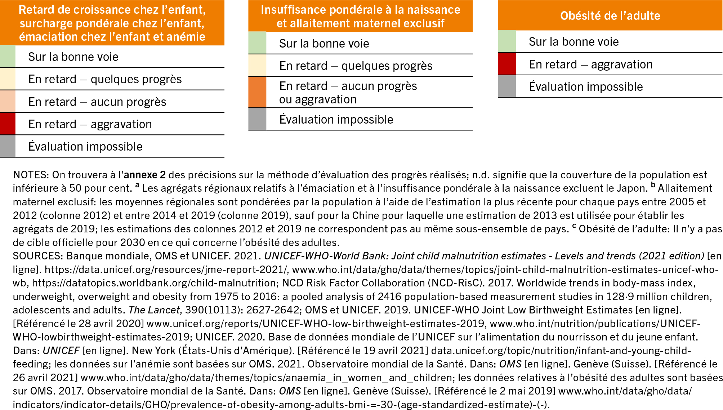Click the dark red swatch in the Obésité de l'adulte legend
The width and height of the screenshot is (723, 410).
(507, 64)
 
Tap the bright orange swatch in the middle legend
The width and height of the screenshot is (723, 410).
(257, 92)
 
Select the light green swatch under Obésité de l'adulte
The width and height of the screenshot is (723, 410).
(507, 41)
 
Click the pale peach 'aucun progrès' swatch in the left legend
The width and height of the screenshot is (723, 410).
(8, 102)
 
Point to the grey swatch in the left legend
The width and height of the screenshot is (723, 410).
(8, 146)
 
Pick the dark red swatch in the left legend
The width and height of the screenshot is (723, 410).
(8, 124)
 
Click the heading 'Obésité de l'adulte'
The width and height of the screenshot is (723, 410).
(610, 16)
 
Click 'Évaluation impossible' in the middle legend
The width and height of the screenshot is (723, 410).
(336, 120)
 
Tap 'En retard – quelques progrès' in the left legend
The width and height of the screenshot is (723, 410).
(105, 79)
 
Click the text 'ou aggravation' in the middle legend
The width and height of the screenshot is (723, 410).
(318, 99)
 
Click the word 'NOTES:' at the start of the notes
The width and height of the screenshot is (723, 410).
(31, 175)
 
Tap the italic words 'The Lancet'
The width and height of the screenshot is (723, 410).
(154, 310)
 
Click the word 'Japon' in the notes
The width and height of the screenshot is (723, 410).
(633, 188)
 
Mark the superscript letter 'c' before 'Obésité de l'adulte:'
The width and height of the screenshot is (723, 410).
(574, 226)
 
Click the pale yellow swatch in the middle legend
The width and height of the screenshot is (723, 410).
(257, 66)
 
